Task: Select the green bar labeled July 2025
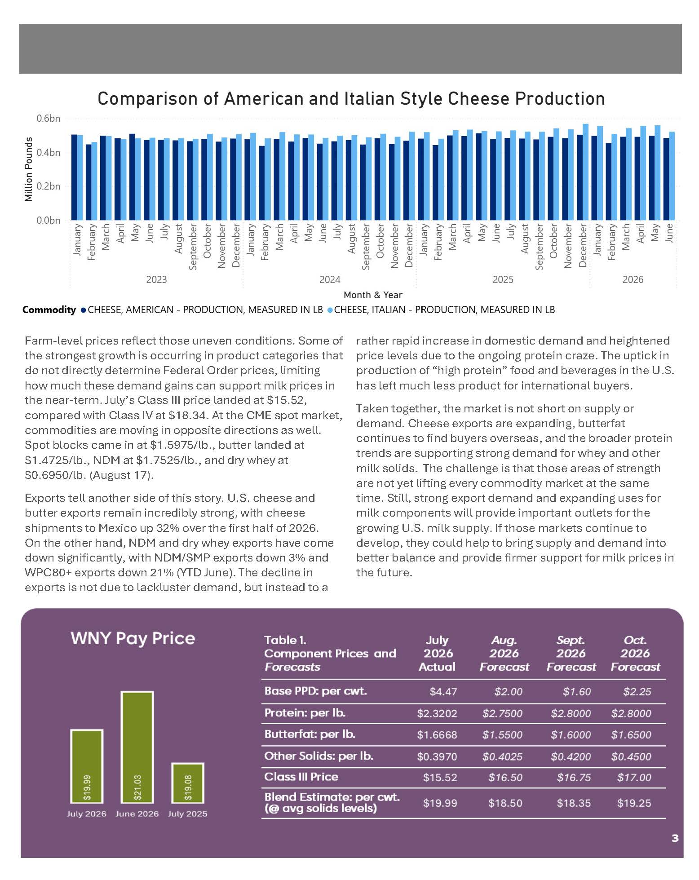click(188, 783)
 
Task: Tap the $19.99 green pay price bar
click(87, 766)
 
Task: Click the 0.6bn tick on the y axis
click(49, 118)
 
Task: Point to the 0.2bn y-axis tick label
click(49, 186)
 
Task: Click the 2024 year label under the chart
click(330, 279)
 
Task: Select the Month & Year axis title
click(373, 295)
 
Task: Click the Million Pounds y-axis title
click(29, 169)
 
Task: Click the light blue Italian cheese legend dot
click(330, 310)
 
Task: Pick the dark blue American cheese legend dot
click(83, 310)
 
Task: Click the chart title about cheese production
click(351, 99)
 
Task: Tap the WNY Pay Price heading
click(133, 638)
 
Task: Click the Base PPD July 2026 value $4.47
click(443, 691)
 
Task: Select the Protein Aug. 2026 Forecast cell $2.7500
click(502, 713)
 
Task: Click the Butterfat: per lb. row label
click(310, 734)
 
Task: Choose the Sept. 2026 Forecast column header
click(571, 653)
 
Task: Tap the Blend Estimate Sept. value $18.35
click(574, 803)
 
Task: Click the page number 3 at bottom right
click(675, 838)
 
